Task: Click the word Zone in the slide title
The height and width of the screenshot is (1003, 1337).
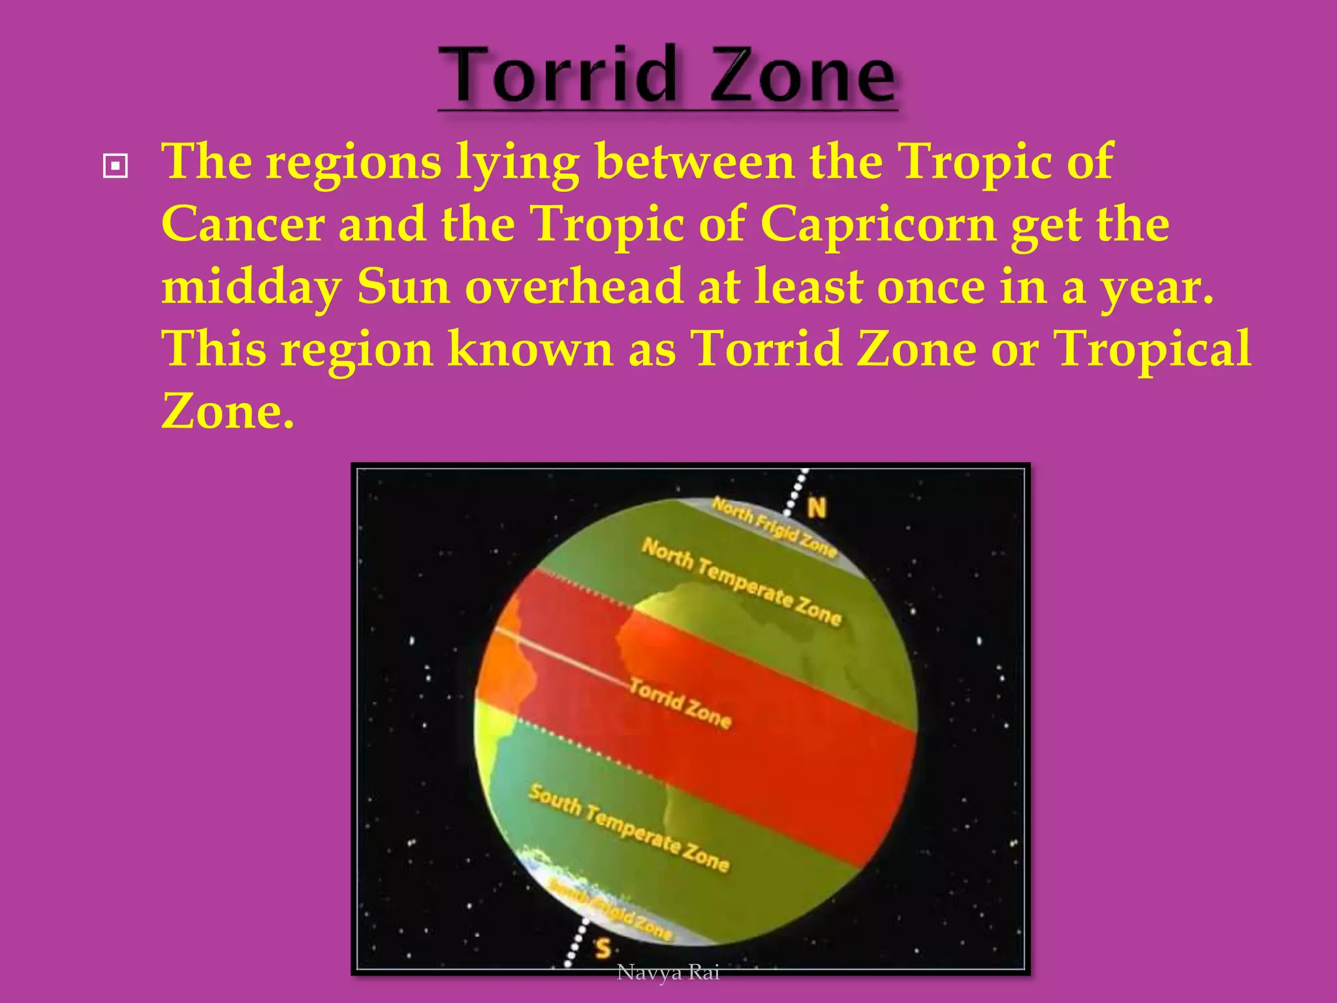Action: pyautogui.click(x=802, y=76)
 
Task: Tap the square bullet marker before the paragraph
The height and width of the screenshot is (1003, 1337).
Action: pyautogui.click(x=116, y=166)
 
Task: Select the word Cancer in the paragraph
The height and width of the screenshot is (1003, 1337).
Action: pyautogui.click(x=243, y=224)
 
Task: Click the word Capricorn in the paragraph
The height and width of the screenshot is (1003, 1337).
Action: pyautogui.click(x=878, y=224)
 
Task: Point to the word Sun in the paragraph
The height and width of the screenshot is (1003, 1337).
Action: pyautogui.click(x=403, y=287)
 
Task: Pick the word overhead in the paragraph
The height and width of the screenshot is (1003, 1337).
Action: pyautogui.click(x=573, y=287)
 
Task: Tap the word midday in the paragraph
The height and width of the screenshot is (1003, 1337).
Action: pyautogui.click(x=251, y=287)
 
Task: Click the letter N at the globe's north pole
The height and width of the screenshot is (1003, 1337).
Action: pyautogui.click(x=816, y=507)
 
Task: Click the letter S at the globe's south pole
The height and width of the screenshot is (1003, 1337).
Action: pyautogui.click(x=603, y=947)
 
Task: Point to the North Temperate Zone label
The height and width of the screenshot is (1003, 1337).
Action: pyautogui.click(x=741, y=581)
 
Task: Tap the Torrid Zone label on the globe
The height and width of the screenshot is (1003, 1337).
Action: pyautogui.click(x=680, y=703)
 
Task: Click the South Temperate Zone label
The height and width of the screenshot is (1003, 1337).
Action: pyautogui.click(x=628, y=827)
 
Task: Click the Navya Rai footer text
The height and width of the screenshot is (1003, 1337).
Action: pyautogui.click(x=668, y=972)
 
